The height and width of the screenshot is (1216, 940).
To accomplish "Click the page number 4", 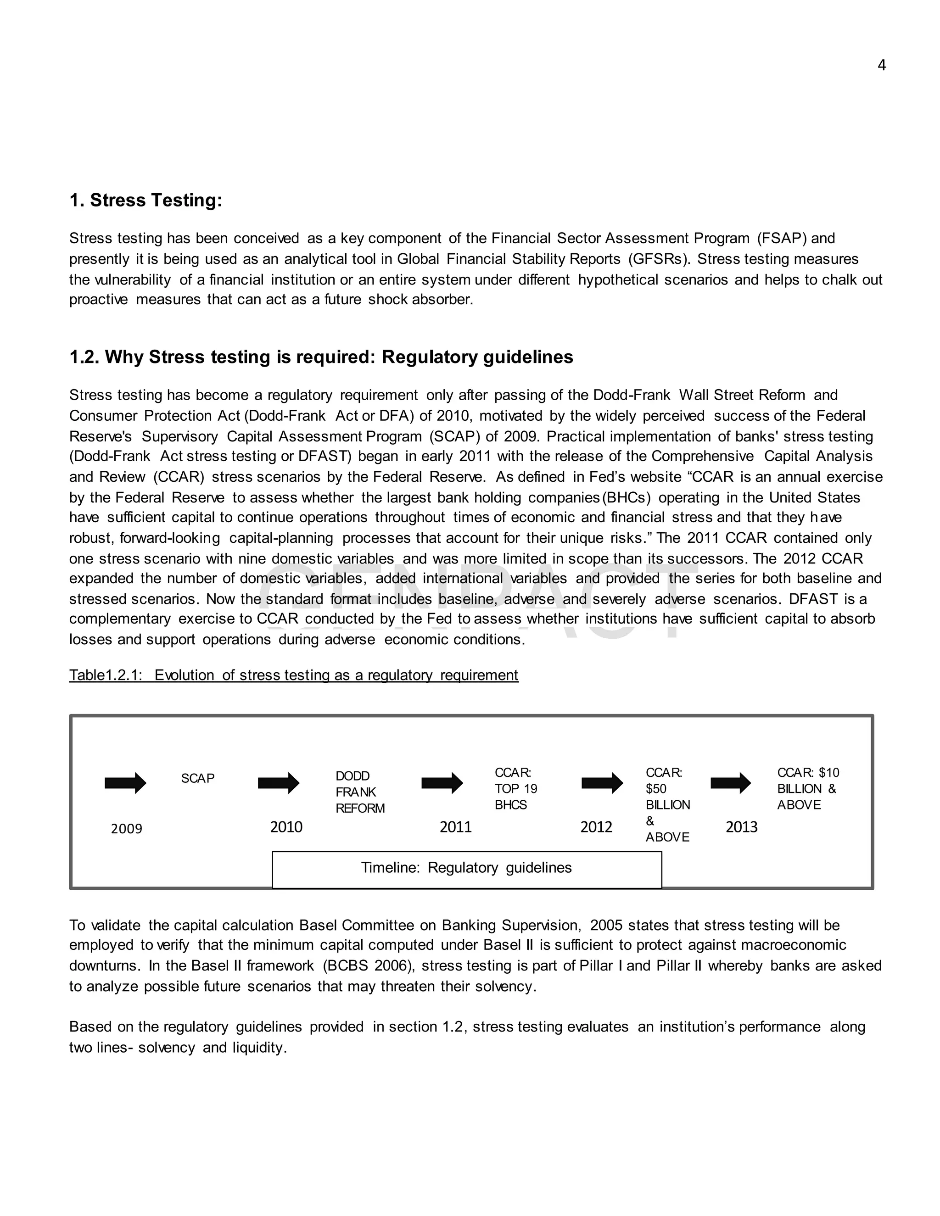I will tap(881, 65).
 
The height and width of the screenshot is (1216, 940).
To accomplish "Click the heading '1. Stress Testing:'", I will tap(145, 200).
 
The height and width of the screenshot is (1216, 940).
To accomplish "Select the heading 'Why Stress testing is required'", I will tap(321, 357).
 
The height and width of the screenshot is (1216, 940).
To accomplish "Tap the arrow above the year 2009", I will tap(125, 783).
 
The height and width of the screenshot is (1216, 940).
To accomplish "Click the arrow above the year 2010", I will tap(279, 783).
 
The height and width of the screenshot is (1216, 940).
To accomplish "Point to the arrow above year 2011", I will tap(442, 783).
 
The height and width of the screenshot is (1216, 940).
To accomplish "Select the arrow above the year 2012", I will tap(602, 783).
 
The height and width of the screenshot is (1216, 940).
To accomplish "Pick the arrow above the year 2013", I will tap(731, 783).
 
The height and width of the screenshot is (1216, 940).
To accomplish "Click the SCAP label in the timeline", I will tap(198, 778).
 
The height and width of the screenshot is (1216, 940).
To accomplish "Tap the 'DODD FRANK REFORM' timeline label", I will tap(359, 792).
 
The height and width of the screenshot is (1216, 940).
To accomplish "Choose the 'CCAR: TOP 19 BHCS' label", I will tap(515, 788).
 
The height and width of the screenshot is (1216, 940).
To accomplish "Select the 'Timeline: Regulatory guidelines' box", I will tap(466, 868).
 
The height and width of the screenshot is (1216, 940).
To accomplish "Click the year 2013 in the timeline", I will tap(741, 827).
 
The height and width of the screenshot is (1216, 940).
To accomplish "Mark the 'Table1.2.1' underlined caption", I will tap(293, 675).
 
